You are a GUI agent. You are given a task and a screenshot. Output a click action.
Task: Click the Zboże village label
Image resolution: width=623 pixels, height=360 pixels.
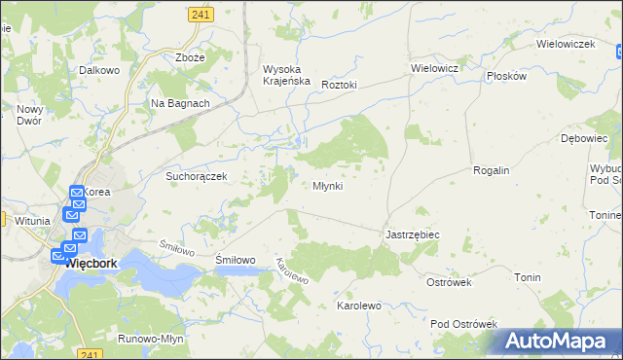[190, 57]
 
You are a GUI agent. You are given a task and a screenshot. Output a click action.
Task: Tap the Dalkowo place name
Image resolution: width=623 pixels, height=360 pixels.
[98, 70]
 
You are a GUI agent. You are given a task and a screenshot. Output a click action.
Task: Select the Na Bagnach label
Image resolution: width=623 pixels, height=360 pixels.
[180, 102]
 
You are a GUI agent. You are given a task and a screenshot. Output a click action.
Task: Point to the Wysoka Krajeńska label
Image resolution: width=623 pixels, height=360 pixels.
[286, 75]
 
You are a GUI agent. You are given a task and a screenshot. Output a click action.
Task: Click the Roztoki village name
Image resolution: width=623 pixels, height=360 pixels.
[340, 85]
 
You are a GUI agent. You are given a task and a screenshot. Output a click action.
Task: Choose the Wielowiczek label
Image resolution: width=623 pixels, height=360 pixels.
[566, 45]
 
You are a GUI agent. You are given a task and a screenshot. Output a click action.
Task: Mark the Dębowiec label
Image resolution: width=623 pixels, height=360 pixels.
[584, 139]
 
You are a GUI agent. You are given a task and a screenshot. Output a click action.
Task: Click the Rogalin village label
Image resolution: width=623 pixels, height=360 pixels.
[491, 170]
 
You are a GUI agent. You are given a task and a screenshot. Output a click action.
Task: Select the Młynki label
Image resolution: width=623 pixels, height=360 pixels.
[327, 186]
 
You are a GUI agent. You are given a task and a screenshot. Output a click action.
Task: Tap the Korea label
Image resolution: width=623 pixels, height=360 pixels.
[97, 193]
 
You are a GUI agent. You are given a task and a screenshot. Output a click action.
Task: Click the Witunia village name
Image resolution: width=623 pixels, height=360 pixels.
[32, 221]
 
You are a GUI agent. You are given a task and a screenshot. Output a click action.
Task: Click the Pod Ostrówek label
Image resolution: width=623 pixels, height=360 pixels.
[463, 324]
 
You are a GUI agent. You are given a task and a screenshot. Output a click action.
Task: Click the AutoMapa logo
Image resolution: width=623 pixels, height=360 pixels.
[556, 342]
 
